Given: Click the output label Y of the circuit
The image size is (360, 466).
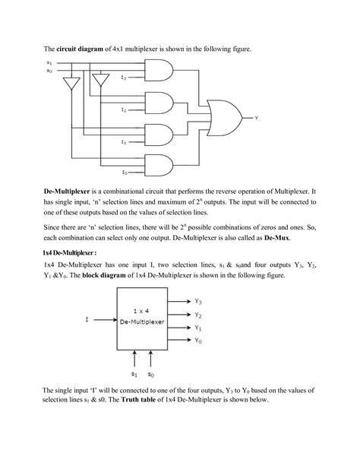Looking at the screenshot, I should pos(257,118).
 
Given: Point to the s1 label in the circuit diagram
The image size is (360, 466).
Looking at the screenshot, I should pos(50,62).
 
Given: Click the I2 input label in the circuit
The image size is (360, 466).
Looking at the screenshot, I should pos(123,110).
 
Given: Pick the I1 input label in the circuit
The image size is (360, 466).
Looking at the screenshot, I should pos(123,141).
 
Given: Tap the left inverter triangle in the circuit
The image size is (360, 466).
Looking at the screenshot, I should pos(71,84).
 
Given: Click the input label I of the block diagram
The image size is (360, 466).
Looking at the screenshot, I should pos(87,319).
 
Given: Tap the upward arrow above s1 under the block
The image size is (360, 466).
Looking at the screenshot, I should pos(134,358).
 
